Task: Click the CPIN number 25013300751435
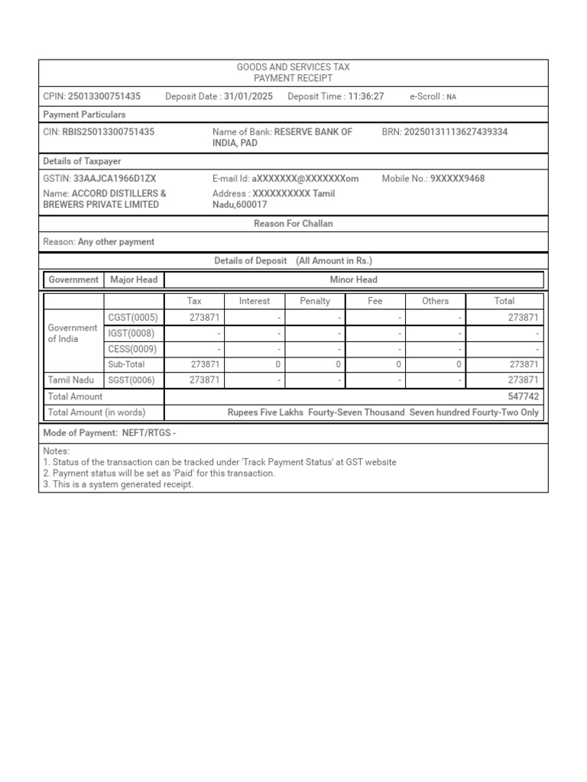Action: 104,96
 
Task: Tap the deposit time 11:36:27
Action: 366,96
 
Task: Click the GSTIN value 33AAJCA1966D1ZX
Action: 115,179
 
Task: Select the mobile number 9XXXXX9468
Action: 457,179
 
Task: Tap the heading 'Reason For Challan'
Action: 293,224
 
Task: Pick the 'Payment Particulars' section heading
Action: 84,115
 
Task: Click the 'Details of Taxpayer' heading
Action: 82,161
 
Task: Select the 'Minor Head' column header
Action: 353,280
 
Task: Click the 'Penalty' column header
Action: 315,301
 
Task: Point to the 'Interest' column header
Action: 255,301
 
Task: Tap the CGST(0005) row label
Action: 132,318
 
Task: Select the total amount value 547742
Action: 523,396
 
